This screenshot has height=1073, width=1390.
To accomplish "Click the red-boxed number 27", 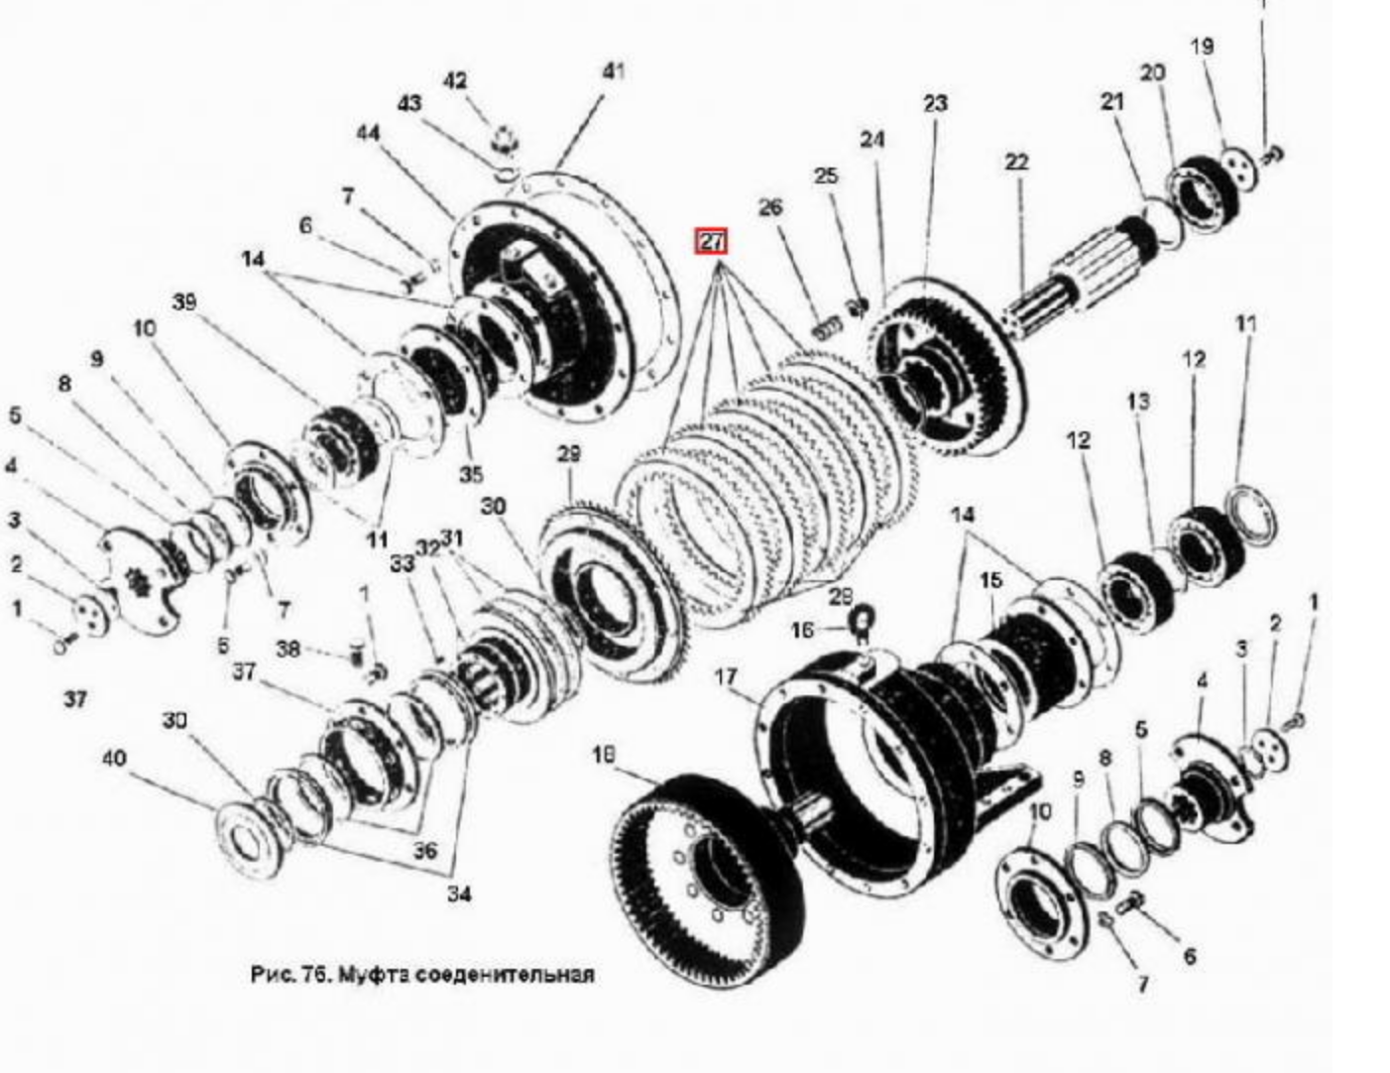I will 712,241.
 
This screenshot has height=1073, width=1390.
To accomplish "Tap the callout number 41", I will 614,71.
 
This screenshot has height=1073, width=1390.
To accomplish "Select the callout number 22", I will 1016,162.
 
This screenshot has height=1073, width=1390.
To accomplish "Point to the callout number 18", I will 602,757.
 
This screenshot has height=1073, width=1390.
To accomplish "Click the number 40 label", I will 114,759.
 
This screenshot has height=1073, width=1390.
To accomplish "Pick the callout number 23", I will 935,103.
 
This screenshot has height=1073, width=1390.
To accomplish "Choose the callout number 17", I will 726,677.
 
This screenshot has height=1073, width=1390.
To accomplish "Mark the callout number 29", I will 568,454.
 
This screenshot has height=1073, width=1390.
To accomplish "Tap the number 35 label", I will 471,474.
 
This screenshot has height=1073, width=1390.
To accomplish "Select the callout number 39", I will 184,302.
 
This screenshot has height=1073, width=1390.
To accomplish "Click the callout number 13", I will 1138,401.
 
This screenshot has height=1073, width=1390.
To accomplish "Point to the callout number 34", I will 457,894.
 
